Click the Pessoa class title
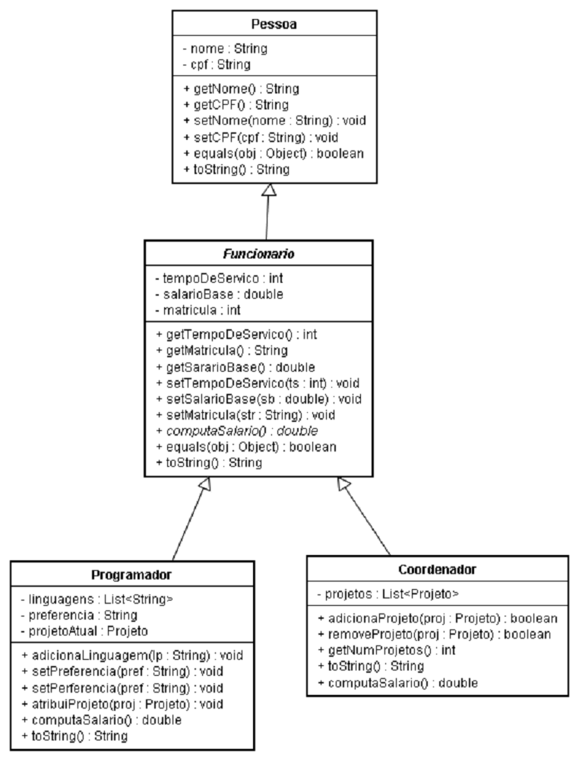pos(274,24)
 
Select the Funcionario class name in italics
pos(258,254)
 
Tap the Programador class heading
pos(131,575)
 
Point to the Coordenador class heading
pos(437,569)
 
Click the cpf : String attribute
pos(217,65)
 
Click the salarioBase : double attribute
pos(219,294)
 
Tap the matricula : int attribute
pos(198,310)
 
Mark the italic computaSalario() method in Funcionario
pos(237,431)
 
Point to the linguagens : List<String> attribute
pos(97,599)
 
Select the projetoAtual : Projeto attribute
pos(84,631)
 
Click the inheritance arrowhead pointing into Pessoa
pos(269,190)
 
